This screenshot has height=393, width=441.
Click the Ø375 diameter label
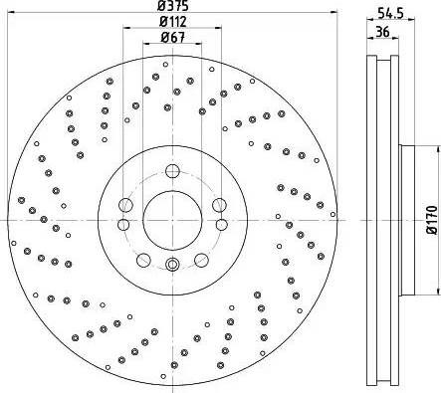172,6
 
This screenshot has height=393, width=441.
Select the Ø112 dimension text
172,22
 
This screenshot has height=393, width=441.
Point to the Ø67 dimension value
172,38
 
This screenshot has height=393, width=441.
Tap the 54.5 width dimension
390,13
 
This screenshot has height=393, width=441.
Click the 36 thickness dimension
382,32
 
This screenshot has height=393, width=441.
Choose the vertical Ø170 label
432,220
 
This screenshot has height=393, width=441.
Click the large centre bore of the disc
172,220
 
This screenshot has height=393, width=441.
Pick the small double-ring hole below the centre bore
172,265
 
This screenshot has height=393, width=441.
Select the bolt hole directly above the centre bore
172,171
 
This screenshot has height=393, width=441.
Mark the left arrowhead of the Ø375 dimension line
11,12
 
